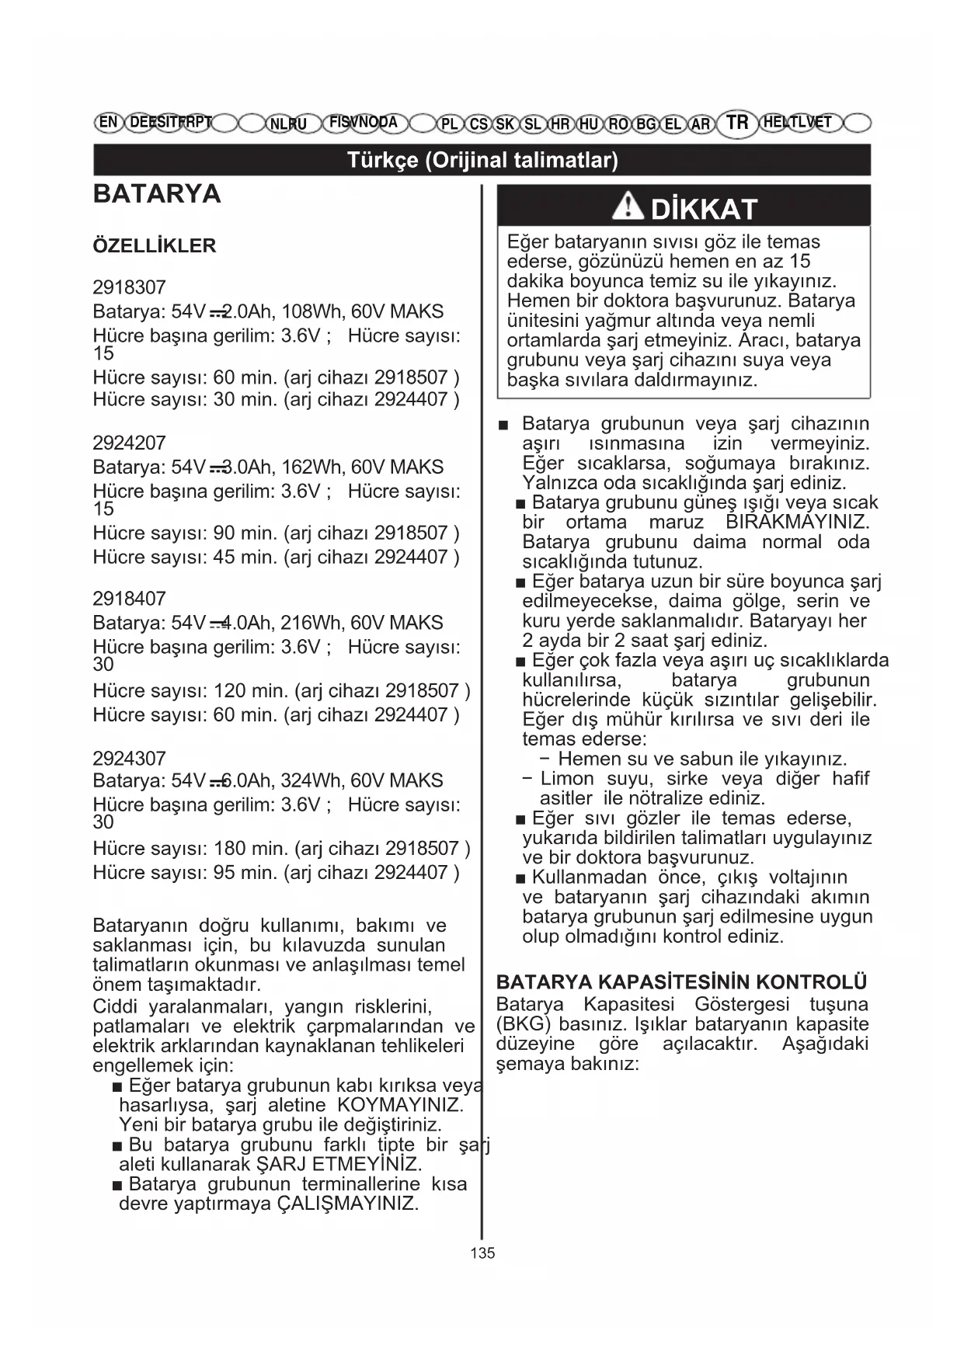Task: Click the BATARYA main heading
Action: point(157,193)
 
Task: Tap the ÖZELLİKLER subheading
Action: point(154,246)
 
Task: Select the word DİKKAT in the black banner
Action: point(704,209)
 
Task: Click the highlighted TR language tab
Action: point(737,123)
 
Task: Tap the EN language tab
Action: point(109,122)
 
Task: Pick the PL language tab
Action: point(449,123)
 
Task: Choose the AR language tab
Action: point(701,123)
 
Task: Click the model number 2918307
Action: point(129,287)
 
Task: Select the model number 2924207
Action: point(129,443)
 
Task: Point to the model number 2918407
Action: point(129,599)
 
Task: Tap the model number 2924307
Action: point(129,758)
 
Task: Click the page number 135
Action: point(482,1253)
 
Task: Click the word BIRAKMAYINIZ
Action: point(797,522)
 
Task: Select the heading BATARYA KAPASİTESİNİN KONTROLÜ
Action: point(681,982)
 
